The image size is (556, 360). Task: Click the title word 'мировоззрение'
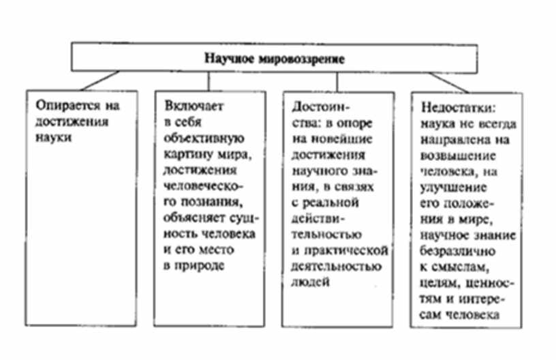click(311, 58)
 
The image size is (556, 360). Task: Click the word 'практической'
click(347, 246)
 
